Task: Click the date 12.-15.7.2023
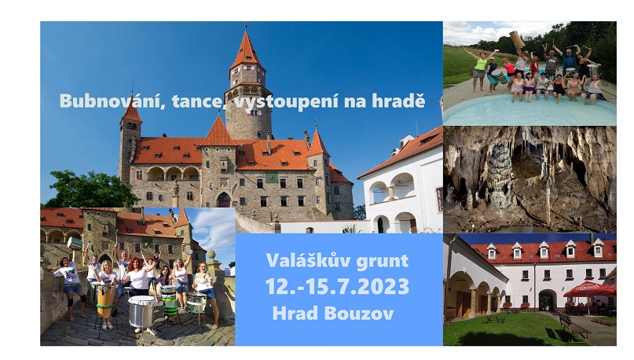click(x=337, y=286)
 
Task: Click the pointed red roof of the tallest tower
click(x=245, y=50)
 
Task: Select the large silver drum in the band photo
click(x=141, y=310)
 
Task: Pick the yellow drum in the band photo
click(x=106, y=300)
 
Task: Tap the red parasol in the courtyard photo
click(x=589, y=288)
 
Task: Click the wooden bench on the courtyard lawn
click(x=574, y=326)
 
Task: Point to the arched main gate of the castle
click(x=224, y=200)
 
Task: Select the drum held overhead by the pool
click(x=517, y=39)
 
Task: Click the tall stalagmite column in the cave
click(x=500, y=174)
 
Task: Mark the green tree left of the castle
click(x=91, y=189)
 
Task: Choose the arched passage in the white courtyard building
click(x=547, y=300)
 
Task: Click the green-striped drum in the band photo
click(x=170, y=300)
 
